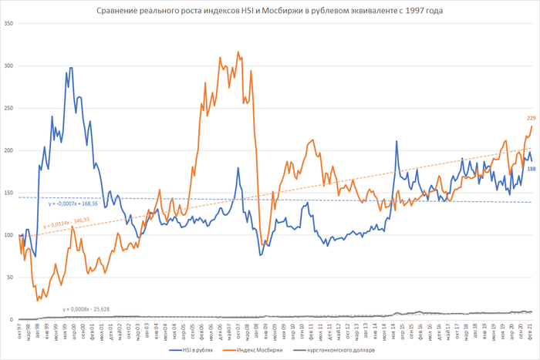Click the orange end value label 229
click(x=531, y=118)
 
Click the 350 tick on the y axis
click(x=9, y=23)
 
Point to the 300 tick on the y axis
click(x=9, y=66)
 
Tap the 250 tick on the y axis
click(x=9, y=108)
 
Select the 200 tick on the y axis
click(x=9, y=150)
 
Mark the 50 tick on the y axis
click(x=11, y=277)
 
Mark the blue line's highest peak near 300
click(x=71, y=68)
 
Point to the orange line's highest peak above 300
click(x=238, y=52)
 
